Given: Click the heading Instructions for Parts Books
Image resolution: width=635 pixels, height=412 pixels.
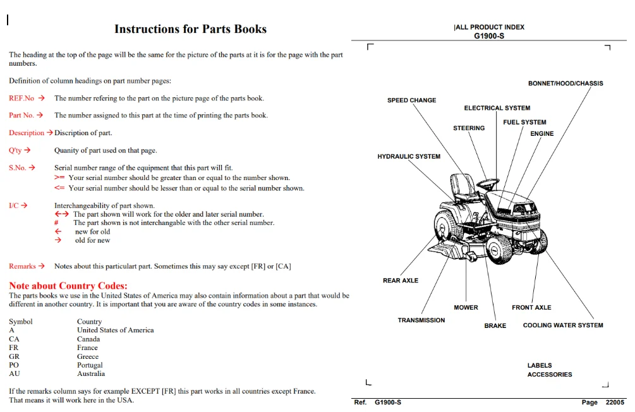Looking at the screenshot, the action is point(190,29).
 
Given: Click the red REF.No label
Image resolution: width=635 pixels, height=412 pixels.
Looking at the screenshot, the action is point(21,98).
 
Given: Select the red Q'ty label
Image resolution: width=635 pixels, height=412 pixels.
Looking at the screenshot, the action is point(15,150).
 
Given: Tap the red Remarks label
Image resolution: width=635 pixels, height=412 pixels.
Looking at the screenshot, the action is point(22,266).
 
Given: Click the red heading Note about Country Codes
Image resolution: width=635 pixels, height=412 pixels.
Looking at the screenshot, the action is point(68,286).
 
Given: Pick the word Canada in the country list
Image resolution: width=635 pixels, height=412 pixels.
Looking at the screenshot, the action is point(88,339).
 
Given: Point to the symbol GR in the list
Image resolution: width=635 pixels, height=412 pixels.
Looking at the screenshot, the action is point(14,356).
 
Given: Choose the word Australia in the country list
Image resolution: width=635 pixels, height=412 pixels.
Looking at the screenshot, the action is point(91,373).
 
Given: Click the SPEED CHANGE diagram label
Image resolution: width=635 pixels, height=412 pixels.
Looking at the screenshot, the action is point(411,100).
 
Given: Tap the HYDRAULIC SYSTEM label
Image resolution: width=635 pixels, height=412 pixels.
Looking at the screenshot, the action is point(409,156).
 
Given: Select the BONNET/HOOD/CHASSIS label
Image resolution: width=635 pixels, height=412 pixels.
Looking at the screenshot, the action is point(565,83).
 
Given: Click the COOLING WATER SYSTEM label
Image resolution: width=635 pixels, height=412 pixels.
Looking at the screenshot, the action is point(563,325).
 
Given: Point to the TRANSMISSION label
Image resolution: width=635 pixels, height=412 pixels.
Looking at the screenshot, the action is point(421,320).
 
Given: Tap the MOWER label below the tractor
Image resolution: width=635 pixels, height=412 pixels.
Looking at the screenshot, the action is point(466,308).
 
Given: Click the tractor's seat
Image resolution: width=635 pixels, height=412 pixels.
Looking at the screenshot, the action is point(463,186).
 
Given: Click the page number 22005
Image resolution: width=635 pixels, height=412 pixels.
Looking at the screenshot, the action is point(615,403).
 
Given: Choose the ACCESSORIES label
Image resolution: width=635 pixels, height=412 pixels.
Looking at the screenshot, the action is point(550,375).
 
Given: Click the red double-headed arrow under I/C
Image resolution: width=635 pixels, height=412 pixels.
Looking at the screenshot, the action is point(62,214).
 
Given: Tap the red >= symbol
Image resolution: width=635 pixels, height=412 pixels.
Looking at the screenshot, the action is point(59,178).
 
